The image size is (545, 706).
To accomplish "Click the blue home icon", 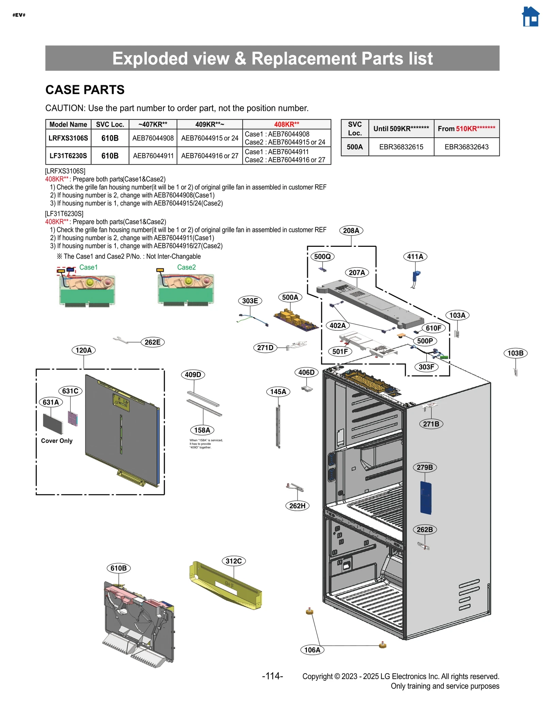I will coord(530,17).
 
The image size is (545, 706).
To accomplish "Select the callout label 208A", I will coord(351,230).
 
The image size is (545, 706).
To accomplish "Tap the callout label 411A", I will coord(415,256).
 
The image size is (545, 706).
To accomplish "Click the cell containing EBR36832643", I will coord(466,147).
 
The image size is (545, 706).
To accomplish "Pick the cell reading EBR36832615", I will coord(401,147).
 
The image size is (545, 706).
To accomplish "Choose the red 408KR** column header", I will coord(286,124).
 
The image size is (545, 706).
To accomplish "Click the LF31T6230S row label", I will coord(68,156).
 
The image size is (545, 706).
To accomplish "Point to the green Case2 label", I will coord(186,267).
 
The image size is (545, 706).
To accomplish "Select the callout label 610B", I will coord(119,568).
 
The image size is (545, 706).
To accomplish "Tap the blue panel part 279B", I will coord(425,497).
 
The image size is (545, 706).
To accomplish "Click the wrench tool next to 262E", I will coord(120,340).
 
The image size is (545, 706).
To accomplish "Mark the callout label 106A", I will coord(312,650).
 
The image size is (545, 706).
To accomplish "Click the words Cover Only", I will coord(57,441).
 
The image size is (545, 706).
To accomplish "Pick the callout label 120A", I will coord(83,350).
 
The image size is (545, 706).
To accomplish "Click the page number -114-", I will coord(272,676).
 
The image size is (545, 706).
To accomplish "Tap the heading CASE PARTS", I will coord(85,90).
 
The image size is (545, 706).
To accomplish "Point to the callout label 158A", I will coord(202,430).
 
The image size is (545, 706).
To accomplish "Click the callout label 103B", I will coord(515,353).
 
